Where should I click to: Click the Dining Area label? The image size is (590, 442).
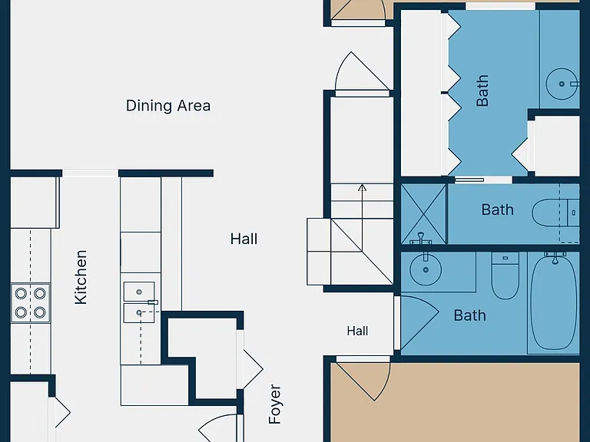pyautogui.click(x=168, y=106)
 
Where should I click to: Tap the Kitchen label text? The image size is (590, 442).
pyautogui.click(x=81, y=277)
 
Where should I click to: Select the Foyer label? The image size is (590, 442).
pyautogui.click(x=275, y=404)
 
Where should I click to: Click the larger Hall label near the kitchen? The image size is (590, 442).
pyautogui.click(x=244, y=239)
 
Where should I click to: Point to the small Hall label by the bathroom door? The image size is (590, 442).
pyautogui.click(x=357, y=331)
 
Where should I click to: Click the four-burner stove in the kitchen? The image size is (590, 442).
pyautogui.click(x=31, y=303)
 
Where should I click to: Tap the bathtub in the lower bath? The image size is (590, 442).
pyautogui.click(x=554, y=302)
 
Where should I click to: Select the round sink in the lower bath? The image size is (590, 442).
pyautogui.click(x=426, y=269)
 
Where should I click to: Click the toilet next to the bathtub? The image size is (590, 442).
pyautogui.click(x=505, y=276)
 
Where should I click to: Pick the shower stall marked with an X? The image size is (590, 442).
pyautogui.click(x=424, y=214)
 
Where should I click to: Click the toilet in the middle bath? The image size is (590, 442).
pyautogui.click(x=555, y=213)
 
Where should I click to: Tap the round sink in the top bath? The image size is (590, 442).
pyautogui.click(x=562, y=84)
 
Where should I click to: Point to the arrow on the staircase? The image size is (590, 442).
pyautogui.click(x=362, y=218)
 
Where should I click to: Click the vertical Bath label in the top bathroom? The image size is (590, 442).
pyautogui.click(x=482, y=91)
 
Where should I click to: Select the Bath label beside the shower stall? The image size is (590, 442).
pyautogui.click(x=498, y=209)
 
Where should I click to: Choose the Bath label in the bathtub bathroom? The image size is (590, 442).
pyautogui.click(x=469, y=315)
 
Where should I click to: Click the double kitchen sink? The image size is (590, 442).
pyautogui.click(x=139, y=302)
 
